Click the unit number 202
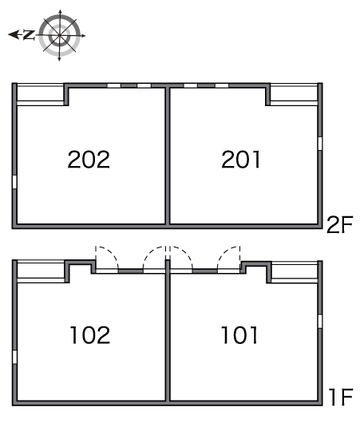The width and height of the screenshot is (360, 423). click(x=89, y=160)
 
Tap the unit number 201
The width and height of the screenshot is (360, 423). click(x=241, y=160)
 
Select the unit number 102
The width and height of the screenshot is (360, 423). click(x=90, y=334)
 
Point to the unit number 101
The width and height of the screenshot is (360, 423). click(x=239, y=334)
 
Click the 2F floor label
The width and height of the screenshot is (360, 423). click(x=340, y=225)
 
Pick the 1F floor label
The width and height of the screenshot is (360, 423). click(x=341, y=397)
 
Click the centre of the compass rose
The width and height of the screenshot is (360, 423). click(x=60, y=35)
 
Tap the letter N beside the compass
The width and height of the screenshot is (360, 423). click(x=29, y=35)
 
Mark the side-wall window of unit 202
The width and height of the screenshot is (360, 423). click(x=14, y=182)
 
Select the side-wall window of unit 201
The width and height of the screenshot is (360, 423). click(x=320, y=144)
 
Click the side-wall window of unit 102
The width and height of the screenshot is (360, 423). click(x=14, y=357)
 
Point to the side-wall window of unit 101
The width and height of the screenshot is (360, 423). click(x=320, y=322)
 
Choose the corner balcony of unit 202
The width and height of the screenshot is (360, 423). click(x=40, y=94)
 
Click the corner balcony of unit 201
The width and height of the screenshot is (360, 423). click(x=294, y=94)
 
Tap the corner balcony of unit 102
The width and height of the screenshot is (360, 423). click(x=41, y=271)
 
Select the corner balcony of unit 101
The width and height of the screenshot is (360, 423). click(x=295, y=272)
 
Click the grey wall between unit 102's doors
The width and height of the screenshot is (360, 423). click(x=131, y=271)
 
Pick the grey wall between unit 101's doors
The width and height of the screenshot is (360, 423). click(x=205, y=271)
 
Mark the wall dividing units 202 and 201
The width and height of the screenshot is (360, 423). click(x=168, y=156)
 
